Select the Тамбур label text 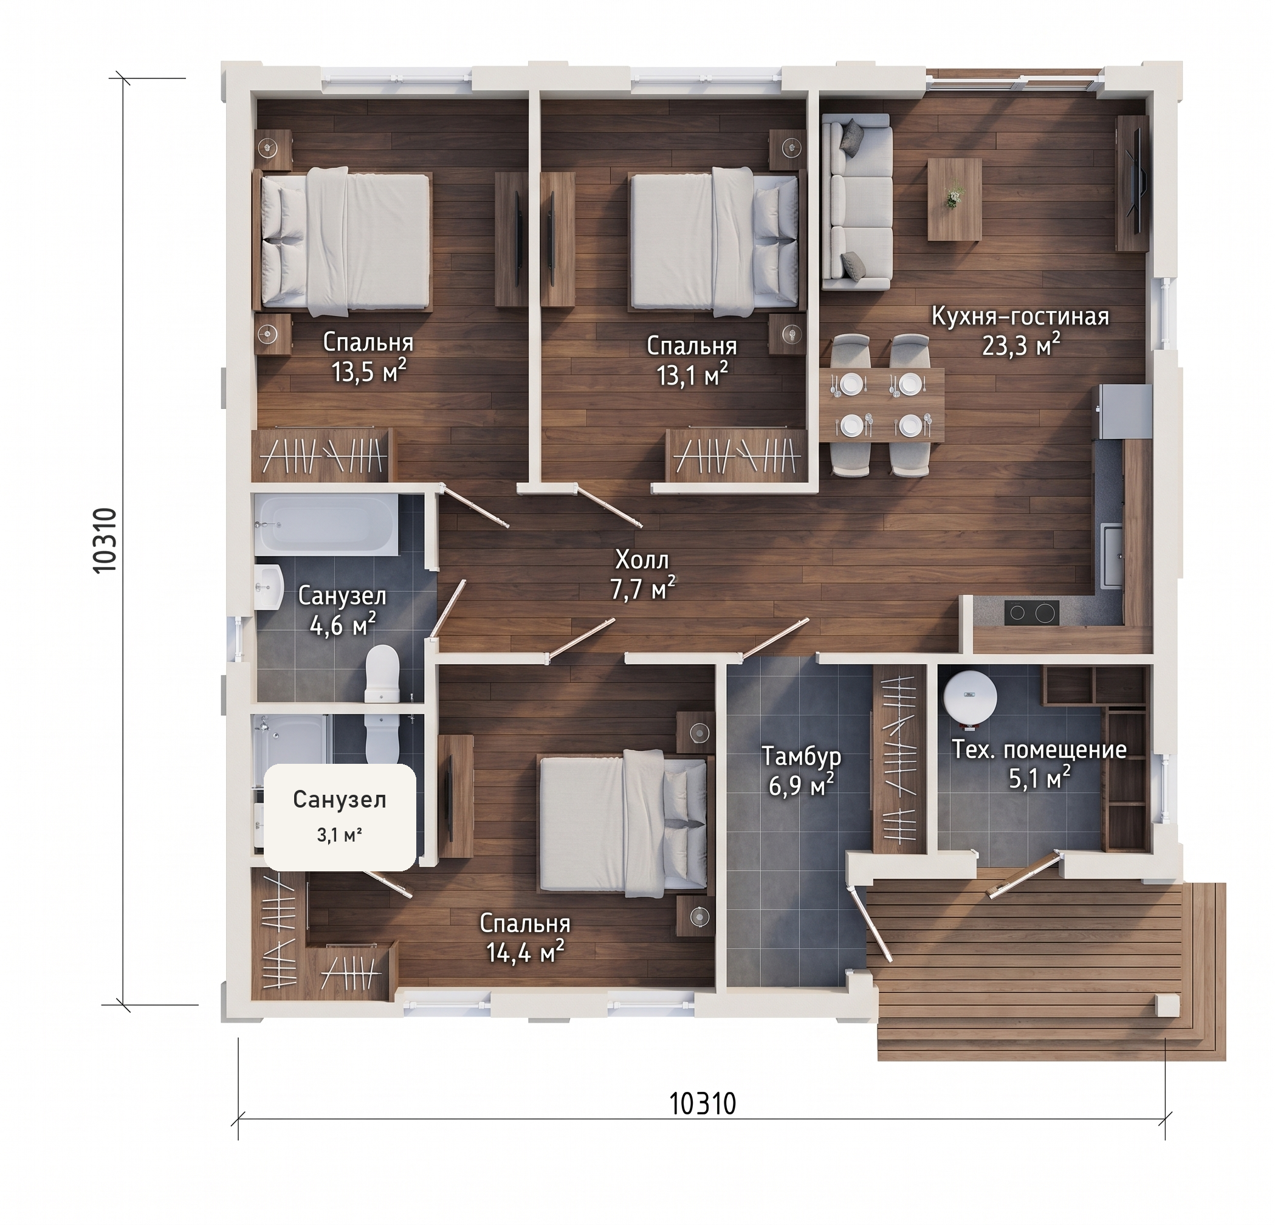tap(802, 757)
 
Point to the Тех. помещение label tap(1040, 749)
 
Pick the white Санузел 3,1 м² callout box tap(339, 818)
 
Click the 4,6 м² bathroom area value tap(343, 626)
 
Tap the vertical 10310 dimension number tap(105, 540)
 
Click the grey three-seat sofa tap(856, 202)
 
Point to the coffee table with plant tap(954, 199)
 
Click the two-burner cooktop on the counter tap(1031, 612)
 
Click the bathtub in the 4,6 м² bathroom tap(326, 524)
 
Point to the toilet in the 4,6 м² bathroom tap(382, 674)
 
